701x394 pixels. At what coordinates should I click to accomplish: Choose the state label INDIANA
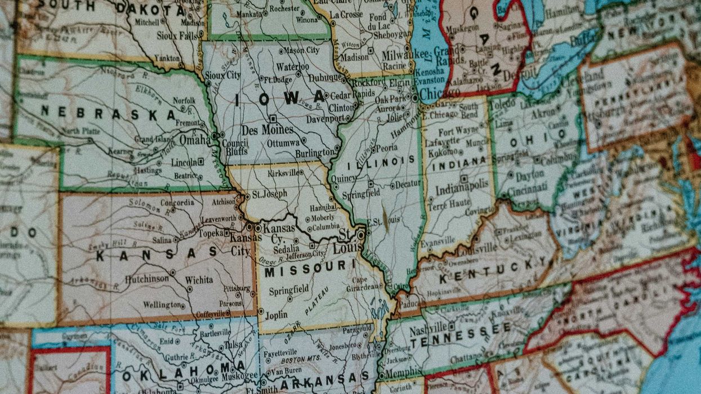[458, 161]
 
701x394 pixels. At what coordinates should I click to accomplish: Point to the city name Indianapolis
[461, 190]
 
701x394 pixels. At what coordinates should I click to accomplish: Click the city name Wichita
[199, 279]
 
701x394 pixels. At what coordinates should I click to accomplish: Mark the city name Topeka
[212, 232]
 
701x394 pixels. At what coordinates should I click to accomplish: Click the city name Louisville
[477, 248]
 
